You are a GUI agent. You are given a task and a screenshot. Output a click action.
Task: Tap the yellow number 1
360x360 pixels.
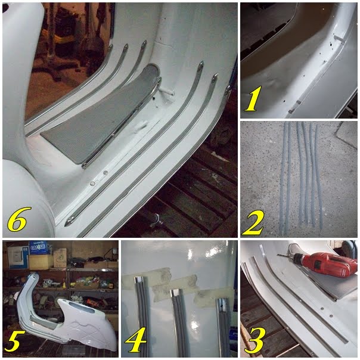point(253,99)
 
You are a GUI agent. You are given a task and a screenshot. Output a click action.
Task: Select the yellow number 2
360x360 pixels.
point(252,223)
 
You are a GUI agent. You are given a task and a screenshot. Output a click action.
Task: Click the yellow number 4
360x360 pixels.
point(135,340)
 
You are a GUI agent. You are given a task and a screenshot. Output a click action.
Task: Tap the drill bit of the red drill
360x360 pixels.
point(283,255)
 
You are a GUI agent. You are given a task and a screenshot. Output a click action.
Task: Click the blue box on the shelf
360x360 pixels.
point(38,247)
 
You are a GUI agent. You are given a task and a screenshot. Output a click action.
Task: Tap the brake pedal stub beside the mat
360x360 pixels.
point(166,92)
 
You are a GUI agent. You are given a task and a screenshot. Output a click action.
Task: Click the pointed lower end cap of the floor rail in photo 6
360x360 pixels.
point(69,222)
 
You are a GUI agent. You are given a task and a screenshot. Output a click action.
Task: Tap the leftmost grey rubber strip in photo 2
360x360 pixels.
point(283,178)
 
